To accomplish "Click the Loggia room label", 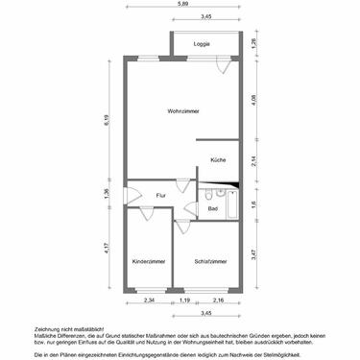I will tap(202, 44).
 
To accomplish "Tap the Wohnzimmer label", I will tap(181, 111).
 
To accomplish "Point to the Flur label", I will tap(160, 195).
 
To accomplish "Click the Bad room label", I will tap(212, 207).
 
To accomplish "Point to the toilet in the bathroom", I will tap(208, 194).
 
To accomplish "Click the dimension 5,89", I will tap(181, 7).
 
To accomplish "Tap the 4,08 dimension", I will tap(253, 101).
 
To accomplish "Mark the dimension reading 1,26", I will tap(253, 42).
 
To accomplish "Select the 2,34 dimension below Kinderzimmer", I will tap(148, 300).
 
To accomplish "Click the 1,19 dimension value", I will tap(182, 300).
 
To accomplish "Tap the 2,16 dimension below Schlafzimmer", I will tap(217, 300).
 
